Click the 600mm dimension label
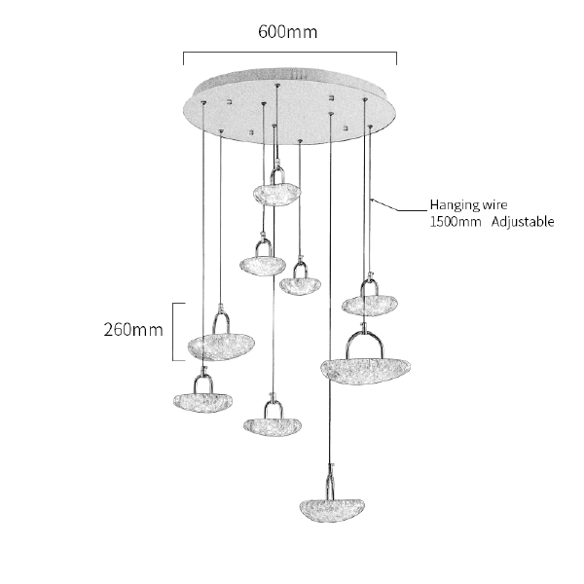(287, 32)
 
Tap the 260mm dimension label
(133, 330)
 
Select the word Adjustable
(523, 222)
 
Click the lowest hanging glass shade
(332, 509)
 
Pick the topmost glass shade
(277, 194)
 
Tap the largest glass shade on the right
(365, 370)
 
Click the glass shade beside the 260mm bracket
(221, 347)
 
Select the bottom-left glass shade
(202, 402)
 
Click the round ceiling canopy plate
(289, 106)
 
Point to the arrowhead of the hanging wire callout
(373, 200)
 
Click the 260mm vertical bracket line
(173, 332)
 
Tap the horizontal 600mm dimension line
(290, 53)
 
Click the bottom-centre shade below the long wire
(273, 425)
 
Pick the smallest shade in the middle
(300, 286)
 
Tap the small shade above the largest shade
(370, 306)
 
